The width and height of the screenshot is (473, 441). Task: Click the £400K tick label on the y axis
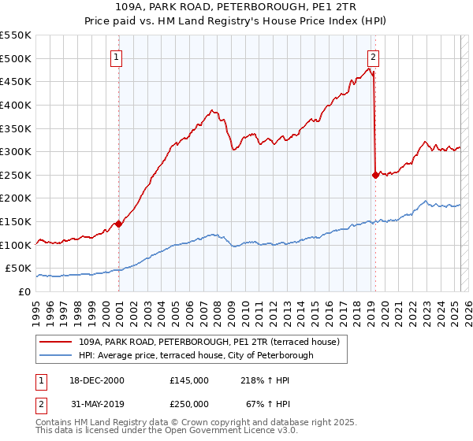(16, 105)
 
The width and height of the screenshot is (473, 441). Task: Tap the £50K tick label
(19, 269)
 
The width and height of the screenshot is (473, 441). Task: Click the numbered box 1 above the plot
(117, 57)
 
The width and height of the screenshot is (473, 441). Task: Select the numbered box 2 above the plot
(373, 57)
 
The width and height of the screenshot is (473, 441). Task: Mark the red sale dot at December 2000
(118, 224)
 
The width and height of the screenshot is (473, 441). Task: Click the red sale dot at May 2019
(375, 175)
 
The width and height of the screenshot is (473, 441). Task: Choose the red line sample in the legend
(56, 342)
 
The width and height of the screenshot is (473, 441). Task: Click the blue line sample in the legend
(56, 355)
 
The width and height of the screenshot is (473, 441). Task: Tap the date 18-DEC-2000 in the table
(99, 380)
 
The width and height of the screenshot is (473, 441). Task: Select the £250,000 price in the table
(189, 403)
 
